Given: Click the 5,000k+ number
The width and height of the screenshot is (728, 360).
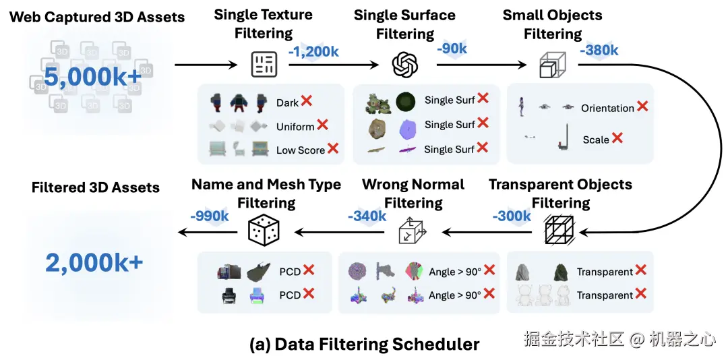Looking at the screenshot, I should pyautogui.click(x=93, y=78).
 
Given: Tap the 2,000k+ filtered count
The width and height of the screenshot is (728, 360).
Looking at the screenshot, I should pyautogui.click(x=94, y=263).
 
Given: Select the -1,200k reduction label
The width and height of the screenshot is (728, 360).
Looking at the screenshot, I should pyautogui.click(x=313, y=51).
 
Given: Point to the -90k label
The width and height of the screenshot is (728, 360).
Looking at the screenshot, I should pyautogui.click(x=452, y=49).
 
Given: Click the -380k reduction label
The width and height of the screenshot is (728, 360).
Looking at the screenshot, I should pyautogui.click(x=599, y=50).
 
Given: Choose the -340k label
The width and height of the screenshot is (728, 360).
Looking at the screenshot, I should pyautogui.click(x=367, y=216).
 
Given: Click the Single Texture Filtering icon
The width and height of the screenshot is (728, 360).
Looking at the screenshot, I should pyautogui.click(x=264, y=65).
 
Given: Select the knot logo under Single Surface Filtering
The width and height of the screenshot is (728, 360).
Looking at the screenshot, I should pyautogui.click(x=405, y=65).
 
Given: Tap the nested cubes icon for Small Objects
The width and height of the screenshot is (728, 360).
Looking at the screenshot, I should pyautogui.click(x=553, y=65).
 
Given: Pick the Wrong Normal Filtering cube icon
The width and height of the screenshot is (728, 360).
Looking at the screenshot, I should pyautogui.click(x=412, y=232).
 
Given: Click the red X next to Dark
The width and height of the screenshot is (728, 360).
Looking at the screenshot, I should pyautogui.click(x=306, y=101).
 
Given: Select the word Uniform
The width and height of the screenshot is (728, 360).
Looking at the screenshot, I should pyautogui.click(x=295, y=127).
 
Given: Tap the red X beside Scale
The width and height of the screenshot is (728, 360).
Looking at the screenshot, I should pyautogui.click(x=617, y=138).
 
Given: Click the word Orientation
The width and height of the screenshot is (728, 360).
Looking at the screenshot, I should pyautogui.click(x=607, y=108).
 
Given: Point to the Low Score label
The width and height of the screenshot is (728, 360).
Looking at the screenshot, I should pyautogui.click(x=300, y=150).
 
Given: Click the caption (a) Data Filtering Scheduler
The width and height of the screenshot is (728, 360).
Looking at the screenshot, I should pyautogui.click(x=364, y=344).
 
